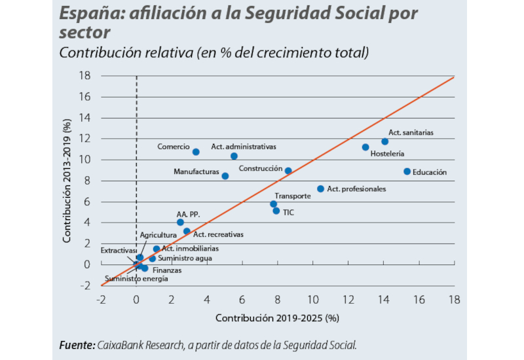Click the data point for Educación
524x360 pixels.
point(407,171)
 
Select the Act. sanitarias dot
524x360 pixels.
point(384,141)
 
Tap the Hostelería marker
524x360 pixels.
point(365,147)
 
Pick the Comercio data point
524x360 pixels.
point(196,152)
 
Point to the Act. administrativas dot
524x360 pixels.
point(234,156)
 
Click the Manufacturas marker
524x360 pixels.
point(225,176)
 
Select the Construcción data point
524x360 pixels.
point(288,171)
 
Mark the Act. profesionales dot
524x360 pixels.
point(320,189)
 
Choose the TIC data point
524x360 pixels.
point(276,211)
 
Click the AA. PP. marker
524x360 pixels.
point(180,223)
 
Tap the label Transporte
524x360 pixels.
point(292,196)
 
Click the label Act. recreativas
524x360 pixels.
point(218,234)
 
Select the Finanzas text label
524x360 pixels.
point(168,270)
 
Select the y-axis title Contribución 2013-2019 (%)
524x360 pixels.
point(67,181)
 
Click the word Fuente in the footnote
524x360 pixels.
point(76,345)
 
